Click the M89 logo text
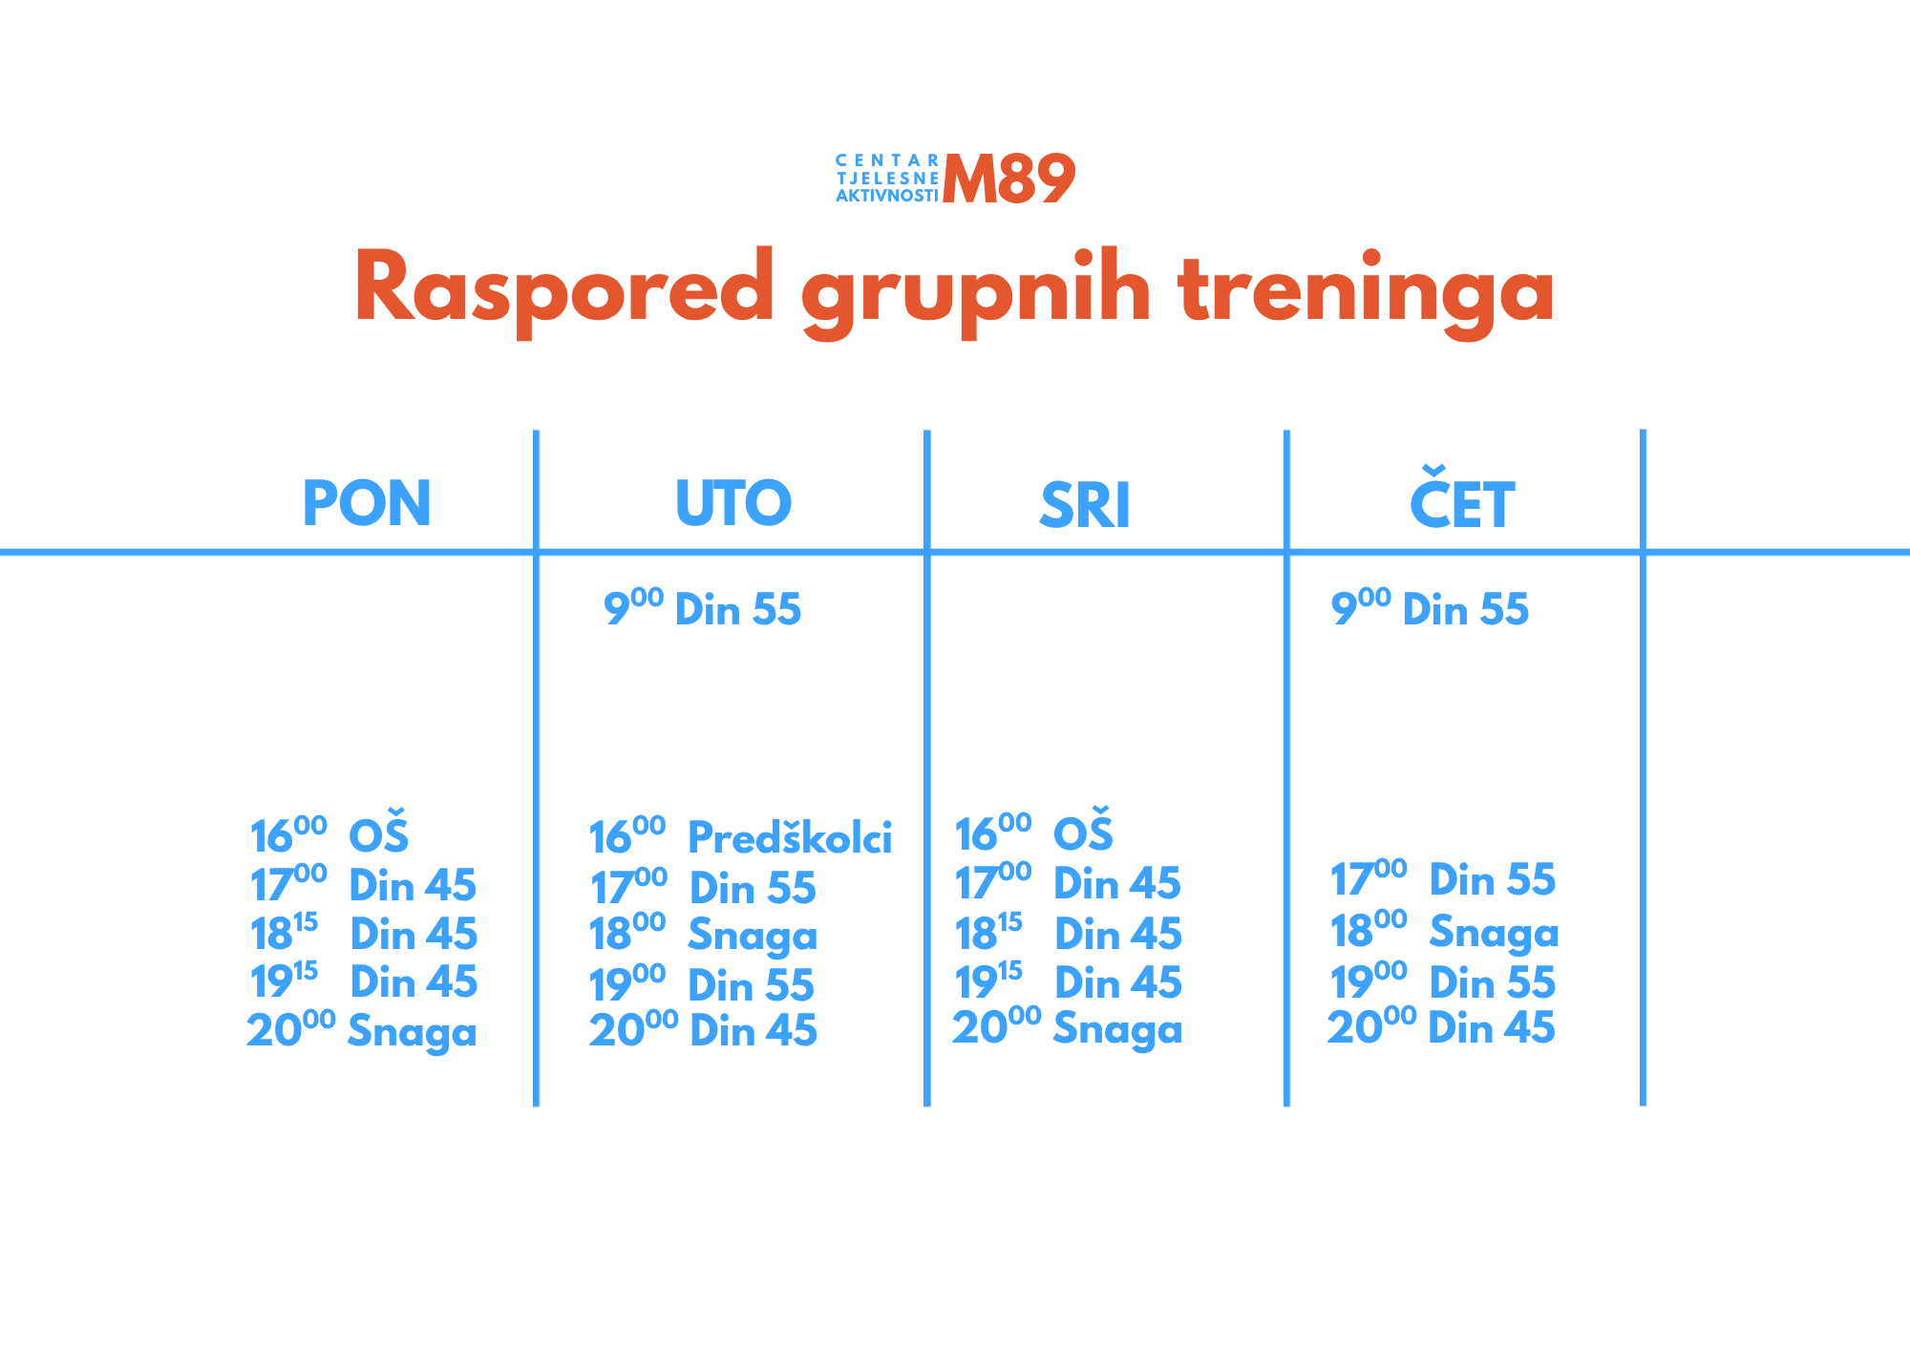coord(1008,179)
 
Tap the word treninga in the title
coord(1367,290)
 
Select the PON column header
coord(367,503)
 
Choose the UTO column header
coord(733,503)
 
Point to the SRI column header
coord(1085,505)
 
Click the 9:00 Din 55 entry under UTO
coord(702,608)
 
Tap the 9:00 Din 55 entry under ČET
coord(1430,608)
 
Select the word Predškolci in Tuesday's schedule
coord(790,837)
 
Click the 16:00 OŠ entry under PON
coord(329,833)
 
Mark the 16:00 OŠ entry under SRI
coord(1034,831)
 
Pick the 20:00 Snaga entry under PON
coord(362,1031)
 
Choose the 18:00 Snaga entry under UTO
coord(703,934)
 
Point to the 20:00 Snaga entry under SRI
coord(1068,1028)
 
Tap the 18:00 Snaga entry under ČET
coord(1444,931)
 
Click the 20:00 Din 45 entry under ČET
coord(1442,1027)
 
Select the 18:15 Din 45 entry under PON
coord(364,933)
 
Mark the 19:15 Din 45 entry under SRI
coord(1069,981)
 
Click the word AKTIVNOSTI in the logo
coord(887,196)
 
